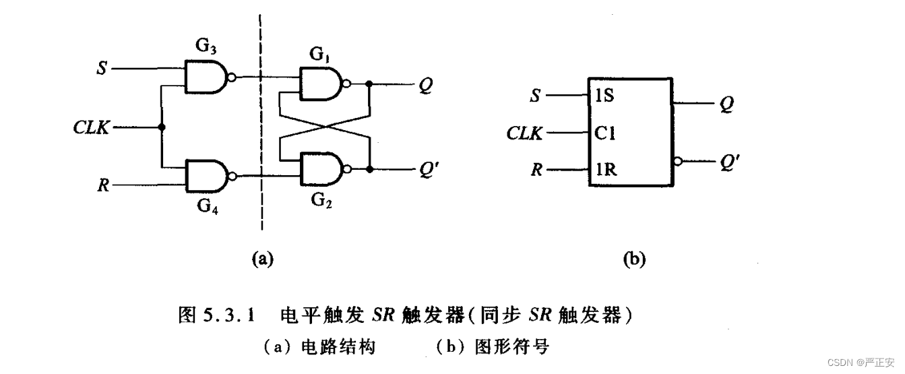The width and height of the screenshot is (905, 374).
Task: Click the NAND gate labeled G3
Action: pos(206,77)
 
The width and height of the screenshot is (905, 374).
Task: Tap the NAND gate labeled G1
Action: pos(320,85)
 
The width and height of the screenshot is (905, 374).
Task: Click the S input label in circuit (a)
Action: pos(101,69)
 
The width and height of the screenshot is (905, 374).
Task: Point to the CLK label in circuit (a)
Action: pos(91,127)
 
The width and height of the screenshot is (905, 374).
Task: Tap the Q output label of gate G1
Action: pos(425,85)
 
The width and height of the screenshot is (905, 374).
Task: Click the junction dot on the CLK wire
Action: pos(162,127)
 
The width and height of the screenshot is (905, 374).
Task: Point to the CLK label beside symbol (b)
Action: pos(525,133)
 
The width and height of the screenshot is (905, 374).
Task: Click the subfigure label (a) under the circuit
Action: pos(261,258)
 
